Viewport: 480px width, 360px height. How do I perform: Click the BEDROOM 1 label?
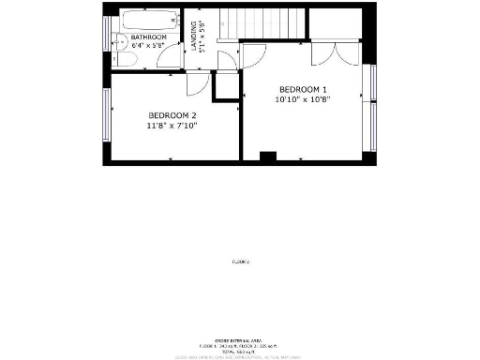(x=302, y=89)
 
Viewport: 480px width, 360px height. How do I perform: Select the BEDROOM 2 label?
(x=172, y=115)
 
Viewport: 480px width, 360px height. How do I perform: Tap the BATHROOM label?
(x=149, y=37)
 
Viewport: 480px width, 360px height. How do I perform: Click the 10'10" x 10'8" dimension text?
(x=302, y=98)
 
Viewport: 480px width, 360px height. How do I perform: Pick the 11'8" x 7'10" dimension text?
(x=172, y=125)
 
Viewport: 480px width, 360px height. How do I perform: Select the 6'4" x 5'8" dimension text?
(x=149, y=45)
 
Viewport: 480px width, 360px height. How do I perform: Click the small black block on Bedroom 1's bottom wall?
(x=267, y=157)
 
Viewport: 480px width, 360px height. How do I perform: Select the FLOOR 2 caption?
(x=240, y=262)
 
